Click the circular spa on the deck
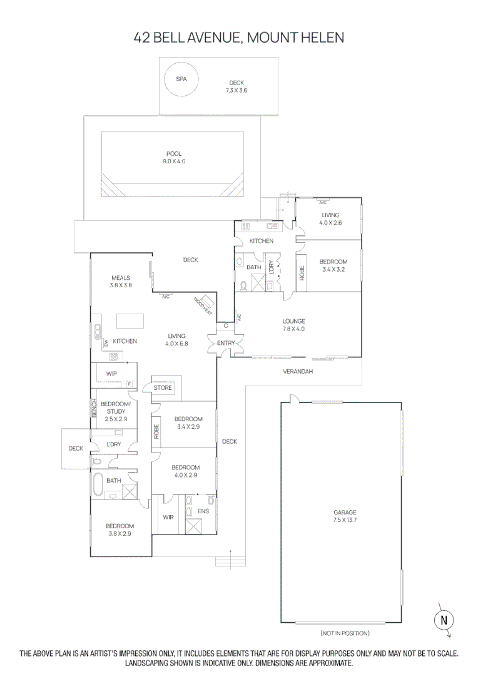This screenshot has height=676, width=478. (x=181, y=79)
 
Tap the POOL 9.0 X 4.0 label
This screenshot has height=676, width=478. (x=174, y=157)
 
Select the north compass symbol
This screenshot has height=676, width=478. (x=444, y=620)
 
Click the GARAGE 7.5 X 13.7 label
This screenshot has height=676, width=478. (x=345, y=516)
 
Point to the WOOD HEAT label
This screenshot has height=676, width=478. (x=202, y=305)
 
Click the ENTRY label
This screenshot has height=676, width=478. (x=226, y=343)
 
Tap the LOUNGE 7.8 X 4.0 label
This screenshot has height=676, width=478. (x=293, y=325)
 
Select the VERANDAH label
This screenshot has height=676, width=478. (x=298, y=371)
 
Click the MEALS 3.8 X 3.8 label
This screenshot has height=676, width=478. (x=121, y=282)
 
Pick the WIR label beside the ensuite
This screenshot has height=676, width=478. (x=168, y=517)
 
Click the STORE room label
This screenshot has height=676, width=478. (x=163, y=388)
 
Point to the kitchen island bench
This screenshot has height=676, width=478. (x=130, y=320)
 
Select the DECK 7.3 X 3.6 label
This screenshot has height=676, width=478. (x=236, y=86)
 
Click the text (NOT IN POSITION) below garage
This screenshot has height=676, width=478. (x=344, y=633)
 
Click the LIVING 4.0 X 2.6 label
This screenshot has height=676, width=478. (x=330, y=218)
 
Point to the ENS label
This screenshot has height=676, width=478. (x=203, y=511)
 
